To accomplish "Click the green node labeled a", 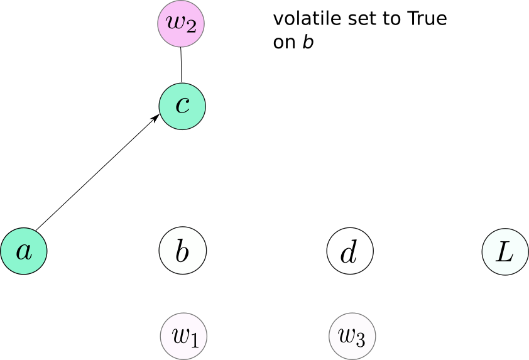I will pyautogui.click(x=24, y=251).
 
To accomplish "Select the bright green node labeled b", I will pyautogui.click(x=182, y=251).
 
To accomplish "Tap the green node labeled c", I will pyautogui.click(x=182, y=106).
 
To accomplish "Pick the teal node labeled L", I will pyautogui.click(x=505, y=251).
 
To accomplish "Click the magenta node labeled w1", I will pyautogui.click(x=183, y=336).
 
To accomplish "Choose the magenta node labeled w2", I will pyautogui.click(x=181, y=24).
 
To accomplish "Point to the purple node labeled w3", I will pyautogui.click(x=352, y=336).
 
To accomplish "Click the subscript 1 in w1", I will pyautogui.click(x=194, y=341).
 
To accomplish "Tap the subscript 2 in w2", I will pyautogui.click(x=191, y=28).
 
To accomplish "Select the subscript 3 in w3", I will pyautogui.click(x=360, y=341).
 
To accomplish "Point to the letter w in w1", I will pyautogui.click(x=180, y=335).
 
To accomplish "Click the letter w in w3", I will pyautogui.click(x=346, y=335).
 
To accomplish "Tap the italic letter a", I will pyautogui.click(x=24, y=252).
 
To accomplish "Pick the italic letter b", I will pyautogui.click(x=182, y=251).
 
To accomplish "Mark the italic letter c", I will pyautogui.click(x=182, y=106).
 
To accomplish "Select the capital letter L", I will pyautogui.click(x=505, y=251).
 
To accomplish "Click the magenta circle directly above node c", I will pyautogui.click(x=181, y=24).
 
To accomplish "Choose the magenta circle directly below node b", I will pyautogui.click(x=183, y=336).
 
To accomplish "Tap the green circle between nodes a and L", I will pyautogui.click(x=182, y=251).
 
